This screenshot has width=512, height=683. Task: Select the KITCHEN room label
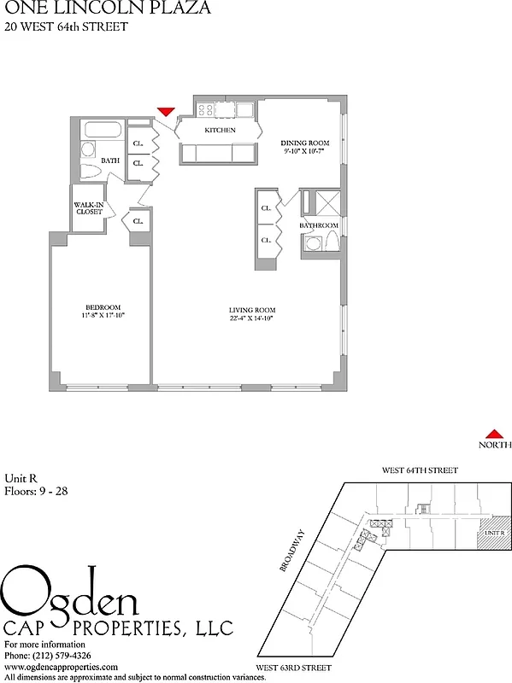click(x=220, y=131)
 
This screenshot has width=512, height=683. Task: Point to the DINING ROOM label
click(x=305, y=143)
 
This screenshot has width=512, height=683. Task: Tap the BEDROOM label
click(x=102, y=307)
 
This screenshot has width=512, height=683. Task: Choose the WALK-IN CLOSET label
click(x=89, y=208)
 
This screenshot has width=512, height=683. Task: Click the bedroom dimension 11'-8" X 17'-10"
click(x=102, y=317)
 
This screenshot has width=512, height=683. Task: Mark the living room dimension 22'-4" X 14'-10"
click(x=250, y=318)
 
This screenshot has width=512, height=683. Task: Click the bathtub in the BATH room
click(x=102, y=131)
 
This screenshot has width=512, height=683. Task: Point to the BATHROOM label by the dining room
click(x=319, y=225)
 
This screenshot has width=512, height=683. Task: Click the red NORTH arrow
click(x=493, y=434)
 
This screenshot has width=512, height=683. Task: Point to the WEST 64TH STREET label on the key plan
click(x=420, y=470)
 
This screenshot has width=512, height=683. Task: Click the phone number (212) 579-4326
click(x=65, y=656)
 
